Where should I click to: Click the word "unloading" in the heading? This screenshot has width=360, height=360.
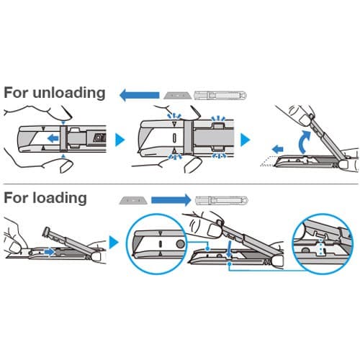tap(69, 93)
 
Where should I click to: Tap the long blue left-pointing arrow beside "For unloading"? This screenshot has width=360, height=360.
tap(140, 95)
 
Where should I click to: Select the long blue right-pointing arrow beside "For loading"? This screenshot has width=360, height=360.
tap(171, 200)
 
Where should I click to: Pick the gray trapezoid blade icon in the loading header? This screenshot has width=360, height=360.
tap(132, 200)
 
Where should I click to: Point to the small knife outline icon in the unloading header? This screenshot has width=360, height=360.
tap(220, 95)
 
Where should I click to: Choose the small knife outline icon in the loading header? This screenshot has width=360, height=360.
tap(222, 200)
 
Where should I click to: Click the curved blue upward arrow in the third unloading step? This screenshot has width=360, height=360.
tap(303, 142)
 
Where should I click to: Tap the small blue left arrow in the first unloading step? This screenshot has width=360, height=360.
tap(53, 138)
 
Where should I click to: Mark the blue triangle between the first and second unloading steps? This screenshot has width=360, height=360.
tap(120, 140)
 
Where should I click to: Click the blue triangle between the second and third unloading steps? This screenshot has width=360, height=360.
tap(245, 140)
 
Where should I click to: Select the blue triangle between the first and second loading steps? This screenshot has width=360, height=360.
tap(114, 243)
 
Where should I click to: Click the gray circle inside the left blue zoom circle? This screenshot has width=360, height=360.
tap(180, 244)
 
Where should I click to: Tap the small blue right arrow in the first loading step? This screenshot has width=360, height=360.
tap(49, 252)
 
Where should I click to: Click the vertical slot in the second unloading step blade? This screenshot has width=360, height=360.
tap(174, 138)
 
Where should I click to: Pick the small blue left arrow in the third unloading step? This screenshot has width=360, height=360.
tap(278, 149)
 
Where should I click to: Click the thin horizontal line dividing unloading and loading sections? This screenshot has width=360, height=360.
tap(181, 184)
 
